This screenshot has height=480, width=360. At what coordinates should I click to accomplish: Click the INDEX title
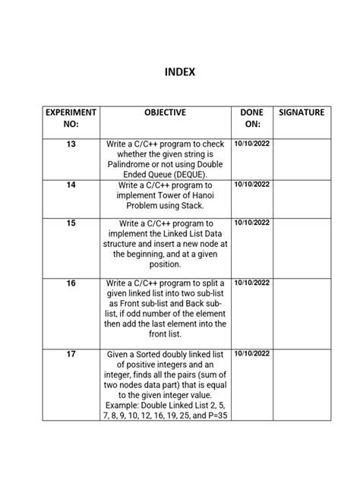tap(180, 72)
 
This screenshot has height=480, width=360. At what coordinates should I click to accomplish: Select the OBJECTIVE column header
tap(165, 112)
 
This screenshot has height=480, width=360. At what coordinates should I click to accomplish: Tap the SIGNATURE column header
tap(302, 112)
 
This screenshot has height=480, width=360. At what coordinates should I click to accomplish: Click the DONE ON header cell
tap(251, 118)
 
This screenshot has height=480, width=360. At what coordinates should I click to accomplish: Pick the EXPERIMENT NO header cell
tap(71, 118)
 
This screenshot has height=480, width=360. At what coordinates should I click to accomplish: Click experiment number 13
tap(71, 144)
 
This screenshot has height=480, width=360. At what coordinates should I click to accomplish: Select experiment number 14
tap(71, 185)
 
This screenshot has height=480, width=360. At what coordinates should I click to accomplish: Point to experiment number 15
tap(71, 223)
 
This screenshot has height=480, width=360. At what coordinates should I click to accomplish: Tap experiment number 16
tap(71, 283)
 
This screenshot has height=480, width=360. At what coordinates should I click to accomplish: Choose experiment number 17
tap(71, 354)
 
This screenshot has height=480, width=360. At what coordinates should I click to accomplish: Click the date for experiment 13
tap(252, 143)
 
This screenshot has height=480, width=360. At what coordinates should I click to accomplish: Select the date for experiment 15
tap(252, 223)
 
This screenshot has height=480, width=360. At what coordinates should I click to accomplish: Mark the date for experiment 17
tap(252, 354)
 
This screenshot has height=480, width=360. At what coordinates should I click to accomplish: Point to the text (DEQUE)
tap(186, 174)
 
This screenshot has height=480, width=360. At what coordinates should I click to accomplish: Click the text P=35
tap(211, 416)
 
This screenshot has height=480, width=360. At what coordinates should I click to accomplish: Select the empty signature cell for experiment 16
tap(302, 313)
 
